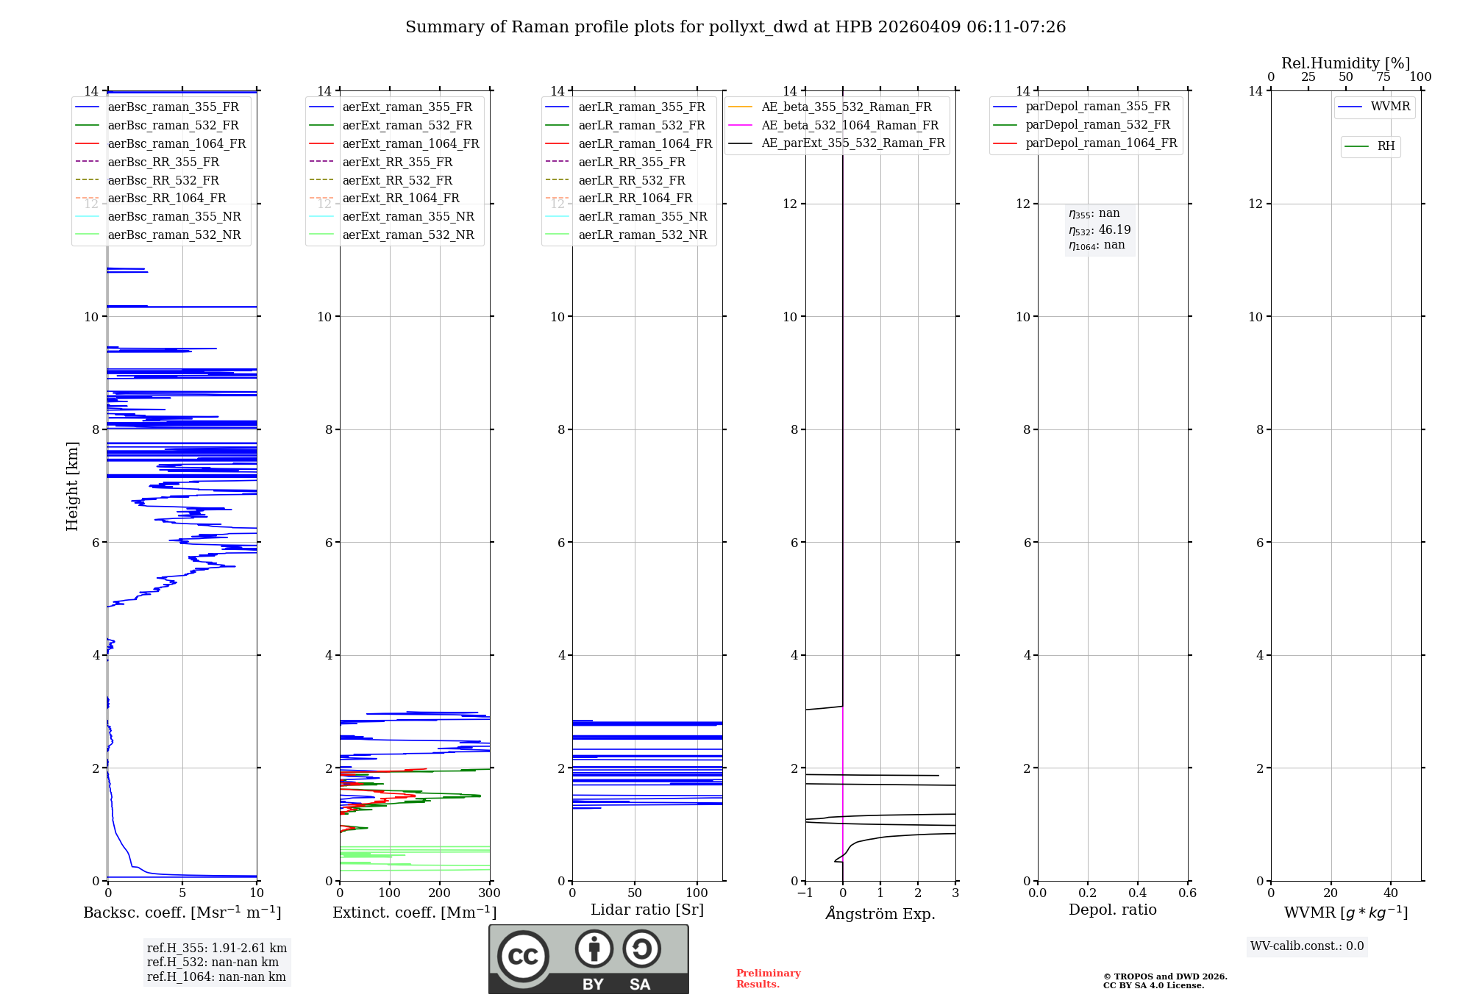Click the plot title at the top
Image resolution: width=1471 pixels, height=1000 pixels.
tap(735, 27)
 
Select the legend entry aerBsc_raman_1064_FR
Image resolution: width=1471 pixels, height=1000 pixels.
tap(177, 144)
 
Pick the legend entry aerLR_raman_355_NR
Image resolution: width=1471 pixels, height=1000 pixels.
tap(642, 217)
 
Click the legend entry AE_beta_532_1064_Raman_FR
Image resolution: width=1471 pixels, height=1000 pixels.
tap(850, 126)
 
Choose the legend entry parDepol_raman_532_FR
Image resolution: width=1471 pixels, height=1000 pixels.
tap(1097, 125)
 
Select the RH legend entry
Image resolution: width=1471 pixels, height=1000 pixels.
tap(1386, 146)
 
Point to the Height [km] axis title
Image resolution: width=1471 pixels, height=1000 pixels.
tap(72, 485)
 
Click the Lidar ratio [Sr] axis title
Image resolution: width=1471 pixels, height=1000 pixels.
tap(647, 910)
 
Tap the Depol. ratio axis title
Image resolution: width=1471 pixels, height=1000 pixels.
tap(1112, 910)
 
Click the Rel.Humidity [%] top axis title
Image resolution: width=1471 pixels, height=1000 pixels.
tap(1345, 63)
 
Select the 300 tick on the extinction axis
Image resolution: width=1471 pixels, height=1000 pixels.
tap(489, 893)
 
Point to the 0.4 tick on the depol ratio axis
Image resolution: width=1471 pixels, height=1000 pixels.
tap(1137, 893)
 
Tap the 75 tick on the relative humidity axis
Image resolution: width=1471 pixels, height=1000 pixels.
tap(1383, 77)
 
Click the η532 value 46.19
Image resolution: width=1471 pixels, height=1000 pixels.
tap(1114, 229)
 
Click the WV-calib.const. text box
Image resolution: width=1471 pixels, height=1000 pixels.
tap(1307, 946)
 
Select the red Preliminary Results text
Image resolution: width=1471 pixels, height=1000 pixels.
tap(768, 979)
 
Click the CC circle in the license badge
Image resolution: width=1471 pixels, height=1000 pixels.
tap(523, 956)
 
